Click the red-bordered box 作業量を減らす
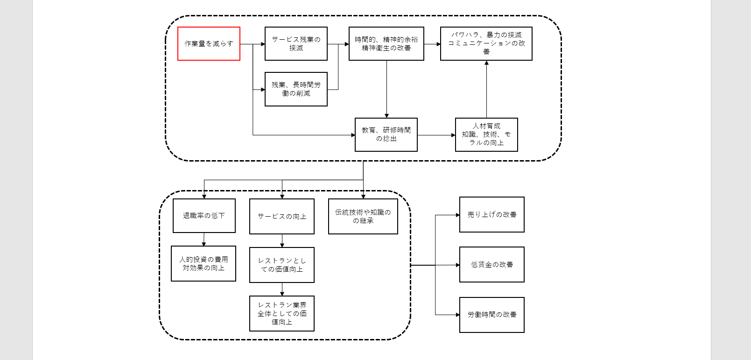(209, 43)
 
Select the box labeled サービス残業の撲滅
(296, 43)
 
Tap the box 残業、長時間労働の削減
(296, 89)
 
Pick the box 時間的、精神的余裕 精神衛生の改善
(386, 43)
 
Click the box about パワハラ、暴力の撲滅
(486, 43)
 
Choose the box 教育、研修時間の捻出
(386, 134)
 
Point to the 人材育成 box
(486, 134)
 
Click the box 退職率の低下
(204, 216)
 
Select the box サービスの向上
(281, 216)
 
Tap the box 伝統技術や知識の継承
(363, 216)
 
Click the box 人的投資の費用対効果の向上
(204, 263)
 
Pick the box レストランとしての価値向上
(281, 265)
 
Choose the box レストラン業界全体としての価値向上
(281, 313)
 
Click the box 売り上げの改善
(491, 214)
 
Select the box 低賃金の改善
(491, 264)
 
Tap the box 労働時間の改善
(491, 315)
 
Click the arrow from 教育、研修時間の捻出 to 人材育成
(436, 135)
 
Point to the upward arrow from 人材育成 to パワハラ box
(486, 89)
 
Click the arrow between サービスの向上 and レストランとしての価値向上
(282, 240)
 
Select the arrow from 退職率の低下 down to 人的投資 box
(204, 239)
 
